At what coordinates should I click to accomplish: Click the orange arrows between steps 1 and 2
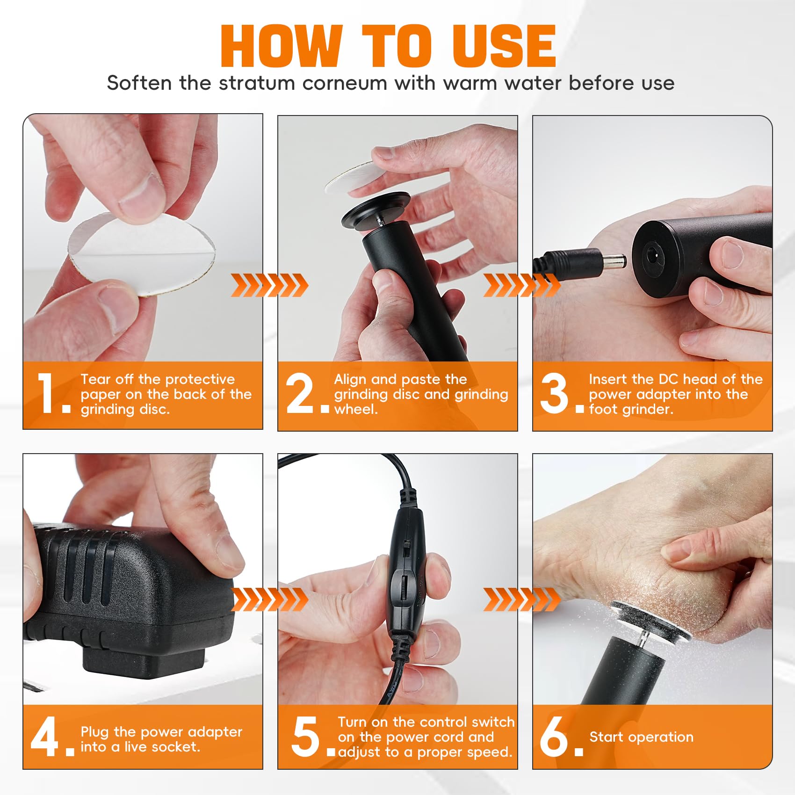(x=269, y=285)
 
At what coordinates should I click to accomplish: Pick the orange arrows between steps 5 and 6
(x=522, y=600)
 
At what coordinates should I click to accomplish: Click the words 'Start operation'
(x=641, y=737)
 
